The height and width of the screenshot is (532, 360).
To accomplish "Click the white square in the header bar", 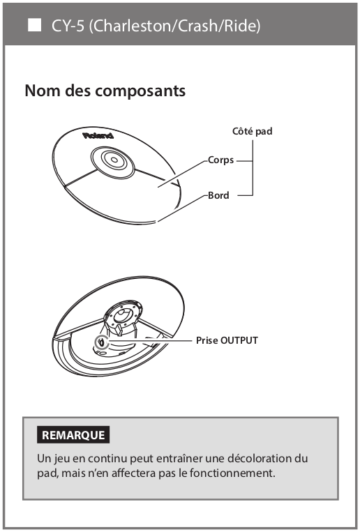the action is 34,25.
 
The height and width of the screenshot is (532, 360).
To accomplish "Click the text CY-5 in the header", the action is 68,26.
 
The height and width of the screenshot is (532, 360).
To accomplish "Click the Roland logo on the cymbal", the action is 98,136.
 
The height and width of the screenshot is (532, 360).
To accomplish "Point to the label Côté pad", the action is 253,131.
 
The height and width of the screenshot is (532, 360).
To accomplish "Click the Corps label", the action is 220,160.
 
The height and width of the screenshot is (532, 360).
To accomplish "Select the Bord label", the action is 218,195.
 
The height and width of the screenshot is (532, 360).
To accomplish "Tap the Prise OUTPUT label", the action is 227,340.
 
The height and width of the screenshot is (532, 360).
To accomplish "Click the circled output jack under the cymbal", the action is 102,342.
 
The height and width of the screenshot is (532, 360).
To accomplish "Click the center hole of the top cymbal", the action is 114,160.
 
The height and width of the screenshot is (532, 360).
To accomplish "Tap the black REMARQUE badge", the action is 73,434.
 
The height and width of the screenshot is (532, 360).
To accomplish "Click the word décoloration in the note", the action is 260,458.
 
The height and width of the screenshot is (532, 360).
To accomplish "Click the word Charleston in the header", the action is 133,26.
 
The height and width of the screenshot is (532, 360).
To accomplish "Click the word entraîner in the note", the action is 180,458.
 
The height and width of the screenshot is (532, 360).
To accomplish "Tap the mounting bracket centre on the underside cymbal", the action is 122,315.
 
